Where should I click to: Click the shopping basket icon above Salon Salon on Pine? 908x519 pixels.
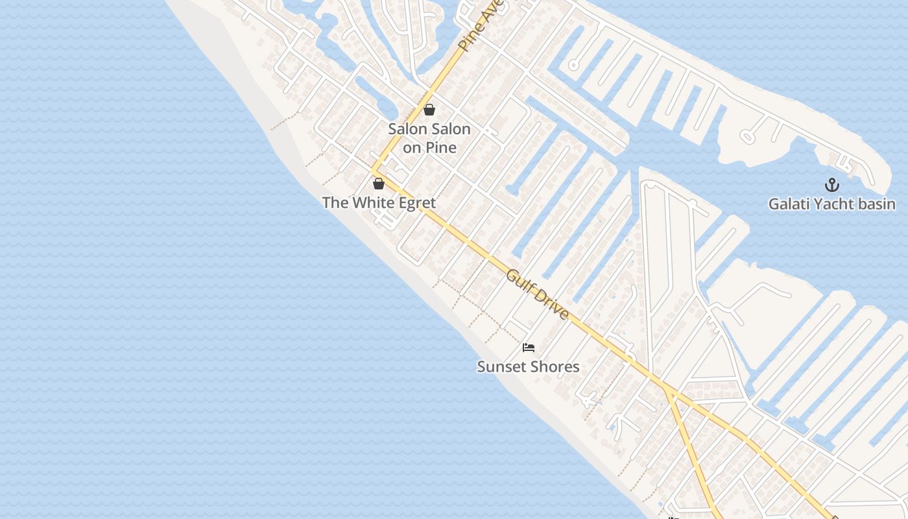click(x=429, y=110)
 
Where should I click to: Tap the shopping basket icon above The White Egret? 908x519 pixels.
click(x=379, y=184)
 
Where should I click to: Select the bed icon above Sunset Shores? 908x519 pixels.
click(x=529, y=348)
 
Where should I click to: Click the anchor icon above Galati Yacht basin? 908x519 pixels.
click(x=831, y=186)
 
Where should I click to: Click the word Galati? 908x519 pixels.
click(x=789, y=204)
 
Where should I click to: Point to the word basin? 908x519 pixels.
click(x=876, y=204)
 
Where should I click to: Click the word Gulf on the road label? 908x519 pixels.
click(x=520, y=283)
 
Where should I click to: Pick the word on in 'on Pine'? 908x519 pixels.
click(x=412, y=148)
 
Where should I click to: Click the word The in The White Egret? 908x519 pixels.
click(x=335, y=203)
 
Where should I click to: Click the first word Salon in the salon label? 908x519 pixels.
click(x=408, y=128)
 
